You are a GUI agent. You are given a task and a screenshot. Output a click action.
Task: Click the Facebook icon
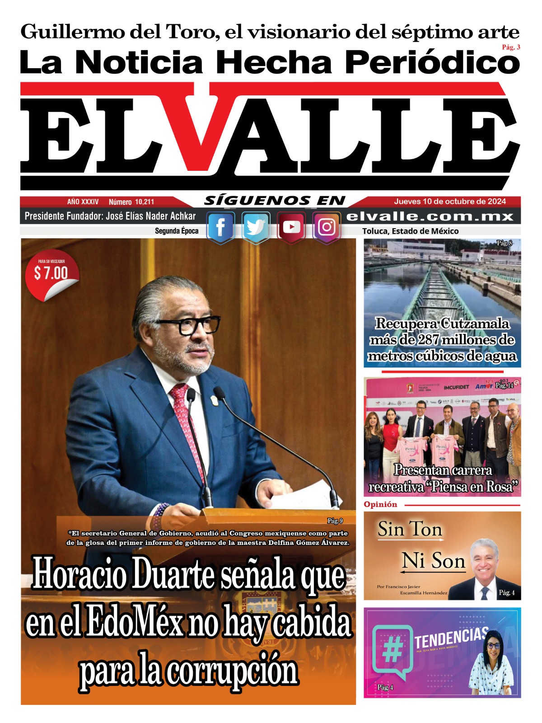tap(220, 227)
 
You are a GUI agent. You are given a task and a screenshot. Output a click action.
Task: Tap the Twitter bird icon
tap(256, 227)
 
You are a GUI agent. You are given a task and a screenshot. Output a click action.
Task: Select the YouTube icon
tap(291, 227)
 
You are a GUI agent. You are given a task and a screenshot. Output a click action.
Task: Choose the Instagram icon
tap(327, 227)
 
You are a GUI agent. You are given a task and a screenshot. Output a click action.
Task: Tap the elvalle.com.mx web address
tap(430, 216)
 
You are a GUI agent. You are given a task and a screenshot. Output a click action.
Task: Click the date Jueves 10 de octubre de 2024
tap(450, 202)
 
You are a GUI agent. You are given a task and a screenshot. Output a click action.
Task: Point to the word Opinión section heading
tap(380, 504)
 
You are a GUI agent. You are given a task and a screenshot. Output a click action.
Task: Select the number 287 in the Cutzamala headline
tap(422, 339)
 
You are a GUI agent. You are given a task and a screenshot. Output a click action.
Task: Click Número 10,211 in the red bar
tap(131, 202)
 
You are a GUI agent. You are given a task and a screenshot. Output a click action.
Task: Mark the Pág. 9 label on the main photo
tap(335, 521)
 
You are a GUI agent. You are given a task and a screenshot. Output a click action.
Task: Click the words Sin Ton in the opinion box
tap(410, 530)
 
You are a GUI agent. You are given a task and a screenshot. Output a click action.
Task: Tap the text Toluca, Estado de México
tap(410, 231)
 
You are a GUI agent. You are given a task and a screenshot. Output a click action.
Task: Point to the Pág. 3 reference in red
tap(511, 47)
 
